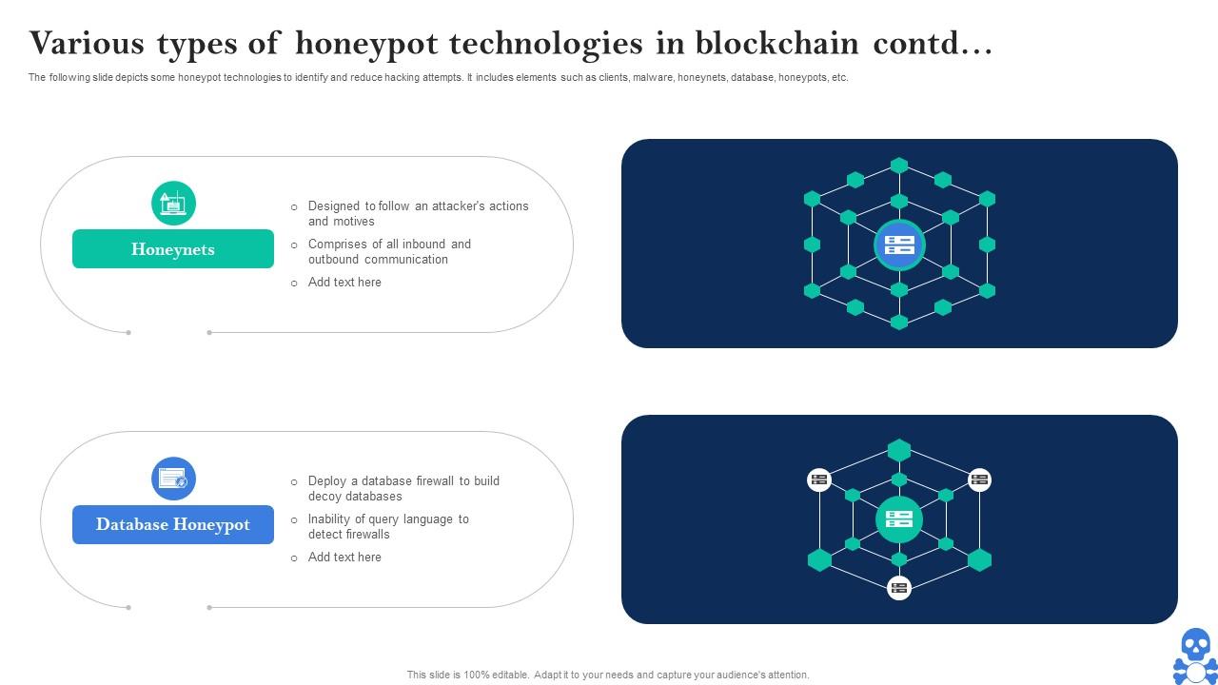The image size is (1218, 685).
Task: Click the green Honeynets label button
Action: (x=173, y=249)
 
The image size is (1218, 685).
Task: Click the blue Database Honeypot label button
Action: (x=173, y=524)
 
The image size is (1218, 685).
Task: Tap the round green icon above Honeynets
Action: (x=173, y=204)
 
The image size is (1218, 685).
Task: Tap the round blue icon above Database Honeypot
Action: (x=173, y=479)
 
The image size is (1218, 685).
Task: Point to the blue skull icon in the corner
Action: (x=1195, y=655)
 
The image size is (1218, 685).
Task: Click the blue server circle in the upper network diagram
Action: (x=899, y=245)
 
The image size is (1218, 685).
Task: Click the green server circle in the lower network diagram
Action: (x=899, y=519)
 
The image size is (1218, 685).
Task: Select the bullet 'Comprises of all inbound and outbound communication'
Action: (x=389, y=251)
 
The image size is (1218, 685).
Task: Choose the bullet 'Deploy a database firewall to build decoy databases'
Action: (x=403, y=488)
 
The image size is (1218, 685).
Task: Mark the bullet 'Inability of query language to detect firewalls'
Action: (x=388, y=526)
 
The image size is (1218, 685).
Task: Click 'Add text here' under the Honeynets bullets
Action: (x=344, y=283)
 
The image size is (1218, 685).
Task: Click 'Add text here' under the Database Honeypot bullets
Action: (x=344, y=558)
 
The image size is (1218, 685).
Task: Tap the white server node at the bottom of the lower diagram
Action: (x=899, y=587)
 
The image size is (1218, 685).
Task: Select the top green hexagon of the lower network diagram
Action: (x=899, y=450)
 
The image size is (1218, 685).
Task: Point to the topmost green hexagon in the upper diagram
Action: (x=899, y=166)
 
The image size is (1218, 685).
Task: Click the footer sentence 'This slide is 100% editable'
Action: (x=608, y=675)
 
